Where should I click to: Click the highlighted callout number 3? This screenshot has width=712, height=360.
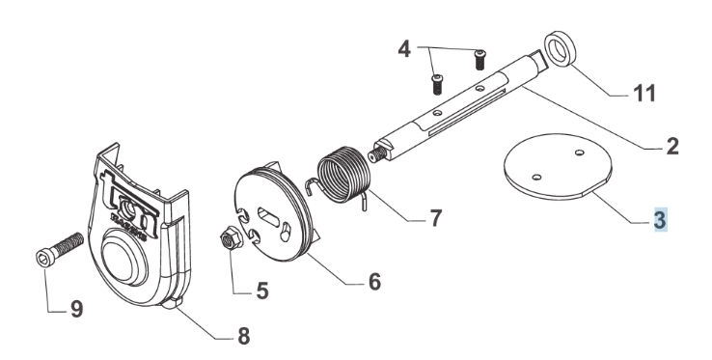point(660,219)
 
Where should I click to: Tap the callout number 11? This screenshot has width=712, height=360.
point(644,94)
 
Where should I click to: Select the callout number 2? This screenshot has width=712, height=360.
point(672,147)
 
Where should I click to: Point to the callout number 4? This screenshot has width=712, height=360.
point(404,48)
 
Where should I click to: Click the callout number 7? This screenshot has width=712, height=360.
point(435,218)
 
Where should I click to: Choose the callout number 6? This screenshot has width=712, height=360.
point(374,282)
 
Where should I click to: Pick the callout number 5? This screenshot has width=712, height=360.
point(262,291)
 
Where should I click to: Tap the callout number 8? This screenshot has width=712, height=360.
point(243,337)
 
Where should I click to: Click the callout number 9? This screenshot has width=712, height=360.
point(76,310)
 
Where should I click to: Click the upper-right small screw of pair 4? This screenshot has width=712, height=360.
point(479,60)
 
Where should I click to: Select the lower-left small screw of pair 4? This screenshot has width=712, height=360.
point(436,85)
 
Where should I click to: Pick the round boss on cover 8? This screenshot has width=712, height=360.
point(123,258)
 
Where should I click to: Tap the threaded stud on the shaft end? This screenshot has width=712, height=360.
point(376,155)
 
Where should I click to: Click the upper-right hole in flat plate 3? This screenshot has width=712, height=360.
point(579,152)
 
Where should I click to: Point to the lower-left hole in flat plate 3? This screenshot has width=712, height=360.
point(536,177)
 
